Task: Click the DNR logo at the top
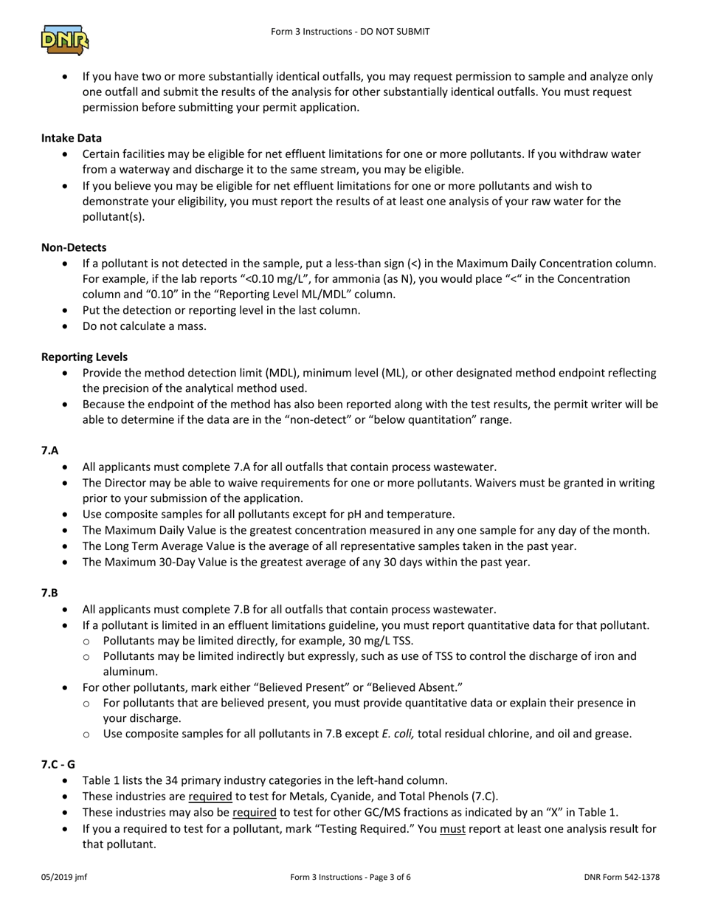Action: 65,40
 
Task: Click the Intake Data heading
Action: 72,138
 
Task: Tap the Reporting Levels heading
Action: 84,357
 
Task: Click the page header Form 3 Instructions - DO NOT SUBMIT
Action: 350,32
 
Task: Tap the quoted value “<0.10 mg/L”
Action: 242,279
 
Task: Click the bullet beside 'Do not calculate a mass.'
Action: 67,326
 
